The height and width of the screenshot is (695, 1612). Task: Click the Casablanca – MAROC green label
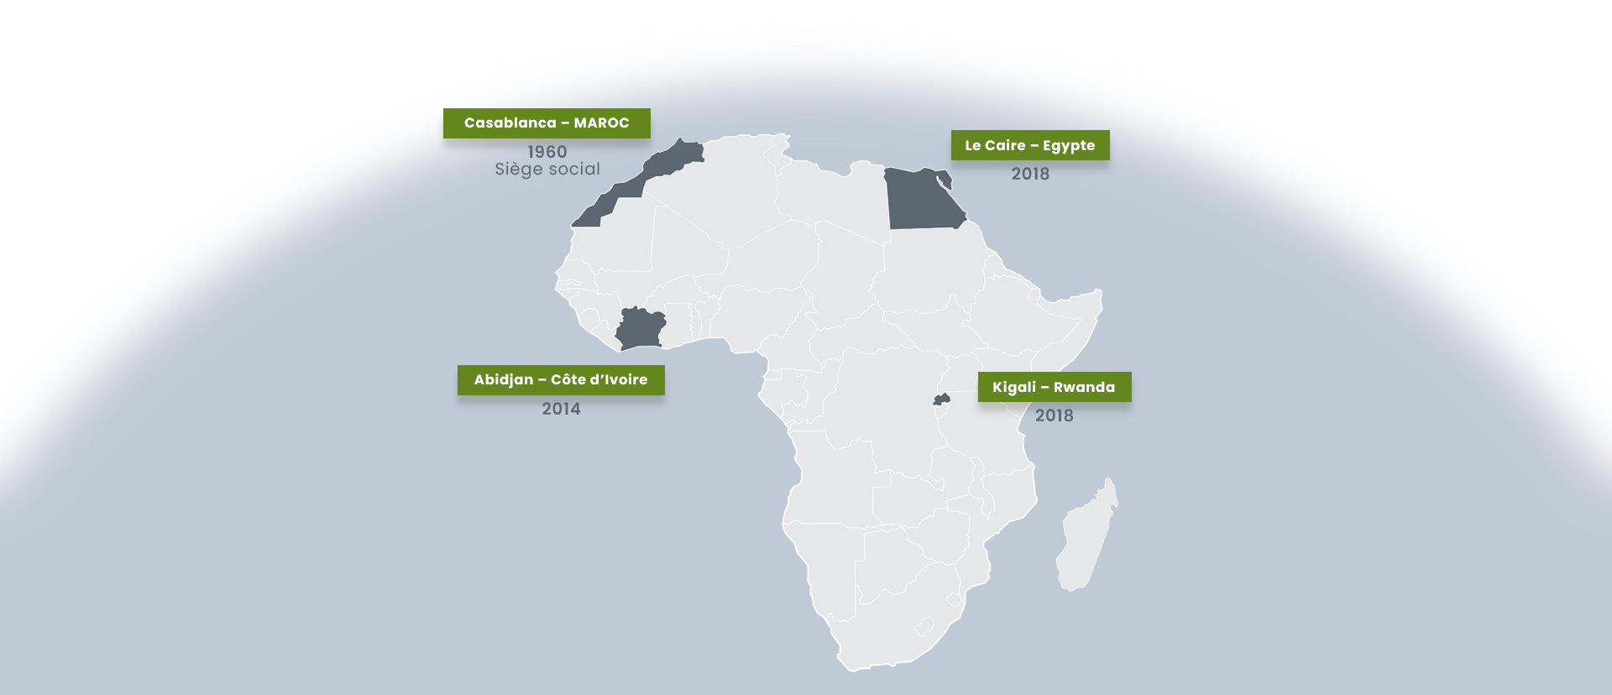[547, 123]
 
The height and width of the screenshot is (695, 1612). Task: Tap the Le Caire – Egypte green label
[1030, 145]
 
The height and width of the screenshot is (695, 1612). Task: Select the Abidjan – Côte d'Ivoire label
[561, 380]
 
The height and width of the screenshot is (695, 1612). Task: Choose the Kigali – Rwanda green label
[1055, 387]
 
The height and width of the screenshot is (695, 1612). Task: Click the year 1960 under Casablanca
[547, 152]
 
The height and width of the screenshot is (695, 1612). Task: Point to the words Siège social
[547, 170]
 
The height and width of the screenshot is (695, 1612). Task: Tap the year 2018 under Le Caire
[1030, 174]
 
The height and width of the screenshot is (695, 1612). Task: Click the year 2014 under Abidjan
[561, 409]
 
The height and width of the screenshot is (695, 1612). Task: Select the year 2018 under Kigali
[1054, 415]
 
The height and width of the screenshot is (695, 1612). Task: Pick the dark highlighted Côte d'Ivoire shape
[641, 328]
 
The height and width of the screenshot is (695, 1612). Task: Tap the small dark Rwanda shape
[941, 400]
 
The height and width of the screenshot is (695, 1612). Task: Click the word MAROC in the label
[601, 123]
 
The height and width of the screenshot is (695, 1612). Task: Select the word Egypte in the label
[1069, 145]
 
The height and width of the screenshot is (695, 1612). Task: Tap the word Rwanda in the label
[1084, 387]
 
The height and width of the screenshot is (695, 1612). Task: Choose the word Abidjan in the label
[504, 380]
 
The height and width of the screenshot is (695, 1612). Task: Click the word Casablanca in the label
[510, 123]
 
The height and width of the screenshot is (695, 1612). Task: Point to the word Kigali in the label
[1014, 387]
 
